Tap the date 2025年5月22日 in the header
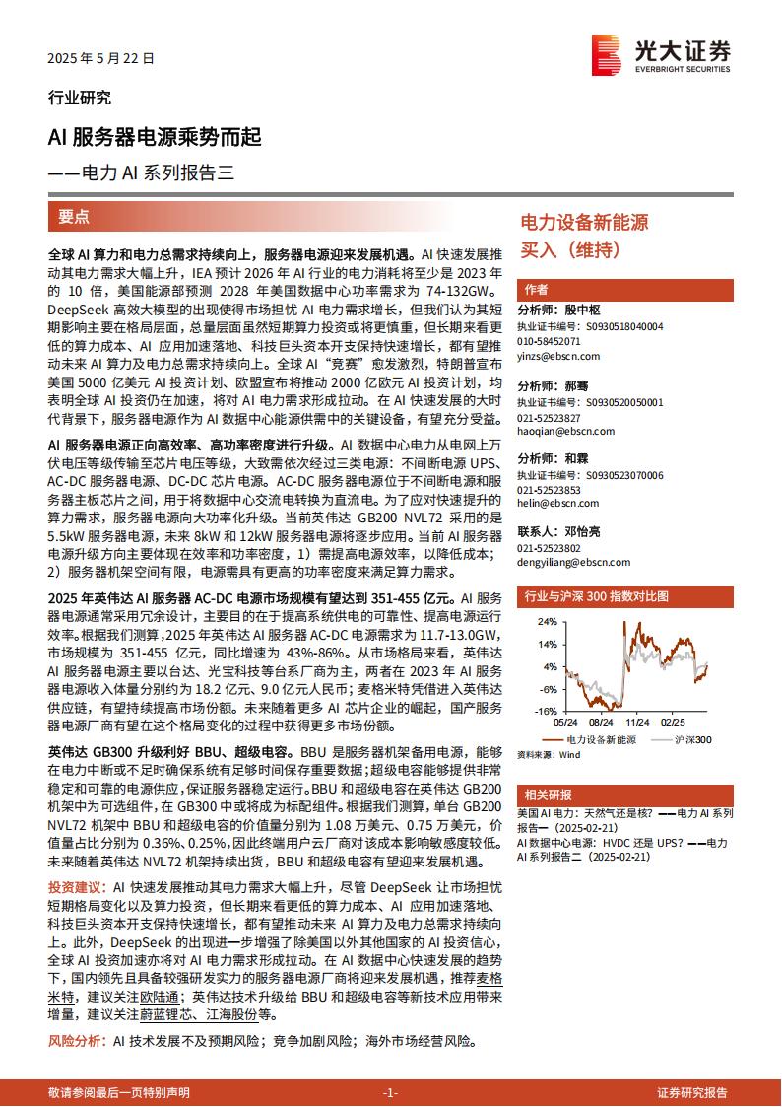[101, 59]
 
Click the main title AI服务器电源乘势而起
[155, 139]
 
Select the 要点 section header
[74, 217]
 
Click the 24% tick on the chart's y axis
[547, 622]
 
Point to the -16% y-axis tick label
[545, 710]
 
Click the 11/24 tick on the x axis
[637, 721]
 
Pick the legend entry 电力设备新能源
[602, 738]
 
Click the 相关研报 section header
[548, 795]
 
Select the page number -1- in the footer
[390, 1092]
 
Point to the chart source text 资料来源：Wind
[550, 754]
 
